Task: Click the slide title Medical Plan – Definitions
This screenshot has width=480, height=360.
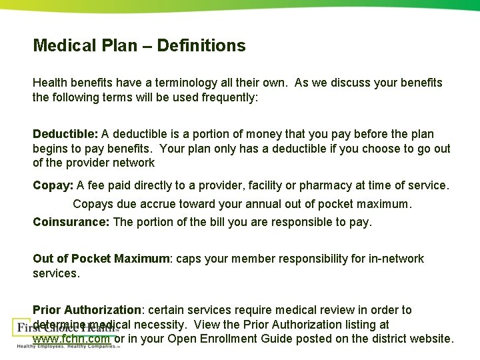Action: (139, 46)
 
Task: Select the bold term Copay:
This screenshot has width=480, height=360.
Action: (53, 186)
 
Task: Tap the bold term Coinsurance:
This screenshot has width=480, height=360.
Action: (71, 222)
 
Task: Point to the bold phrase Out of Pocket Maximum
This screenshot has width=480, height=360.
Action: (101, 259)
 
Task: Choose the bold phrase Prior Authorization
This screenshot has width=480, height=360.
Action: (87, 310)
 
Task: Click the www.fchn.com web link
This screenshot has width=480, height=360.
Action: (71, 339)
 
